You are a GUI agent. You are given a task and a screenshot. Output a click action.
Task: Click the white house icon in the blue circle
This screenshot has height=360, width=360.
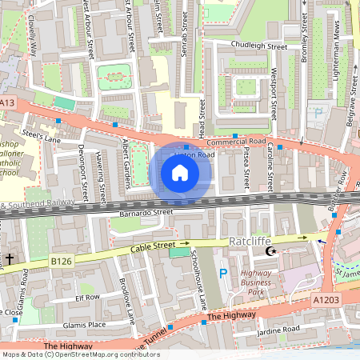tap(180, 172)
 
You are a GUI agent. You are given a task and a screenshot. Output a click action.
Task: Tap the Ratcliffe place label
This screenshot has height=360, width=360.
tap(252, 239)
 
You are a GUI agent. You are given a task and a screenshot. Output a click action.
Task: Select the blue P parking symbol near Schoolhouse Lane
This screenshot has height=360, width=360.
tap(223, 274)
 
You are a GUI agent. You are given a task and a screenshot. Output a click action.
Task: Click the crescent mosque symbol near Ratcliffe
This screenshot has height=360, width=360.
tap(270, 252)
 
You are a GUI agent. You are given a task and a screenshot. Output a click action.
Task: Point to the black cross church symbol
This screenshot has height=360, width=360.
tap(9, 258)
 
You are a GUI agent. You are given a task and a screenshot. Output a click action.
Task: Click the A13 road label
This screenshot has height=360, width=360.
tap(7, 102)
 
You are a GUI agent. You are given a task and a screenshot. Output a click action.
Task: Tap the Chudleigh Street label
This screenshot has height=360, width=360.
tap(258, 46)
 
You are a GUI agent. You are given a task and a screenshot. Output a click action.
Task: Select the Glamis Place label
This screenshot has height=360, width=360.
tap(85, 325)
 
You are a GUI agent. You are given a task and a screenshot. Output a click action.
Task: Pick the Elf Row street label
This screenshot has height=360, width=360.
tap(86, 297)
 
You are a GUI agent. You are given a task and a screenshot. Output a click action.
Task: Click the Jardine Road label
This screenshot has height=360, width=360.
tap(278, 329)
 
